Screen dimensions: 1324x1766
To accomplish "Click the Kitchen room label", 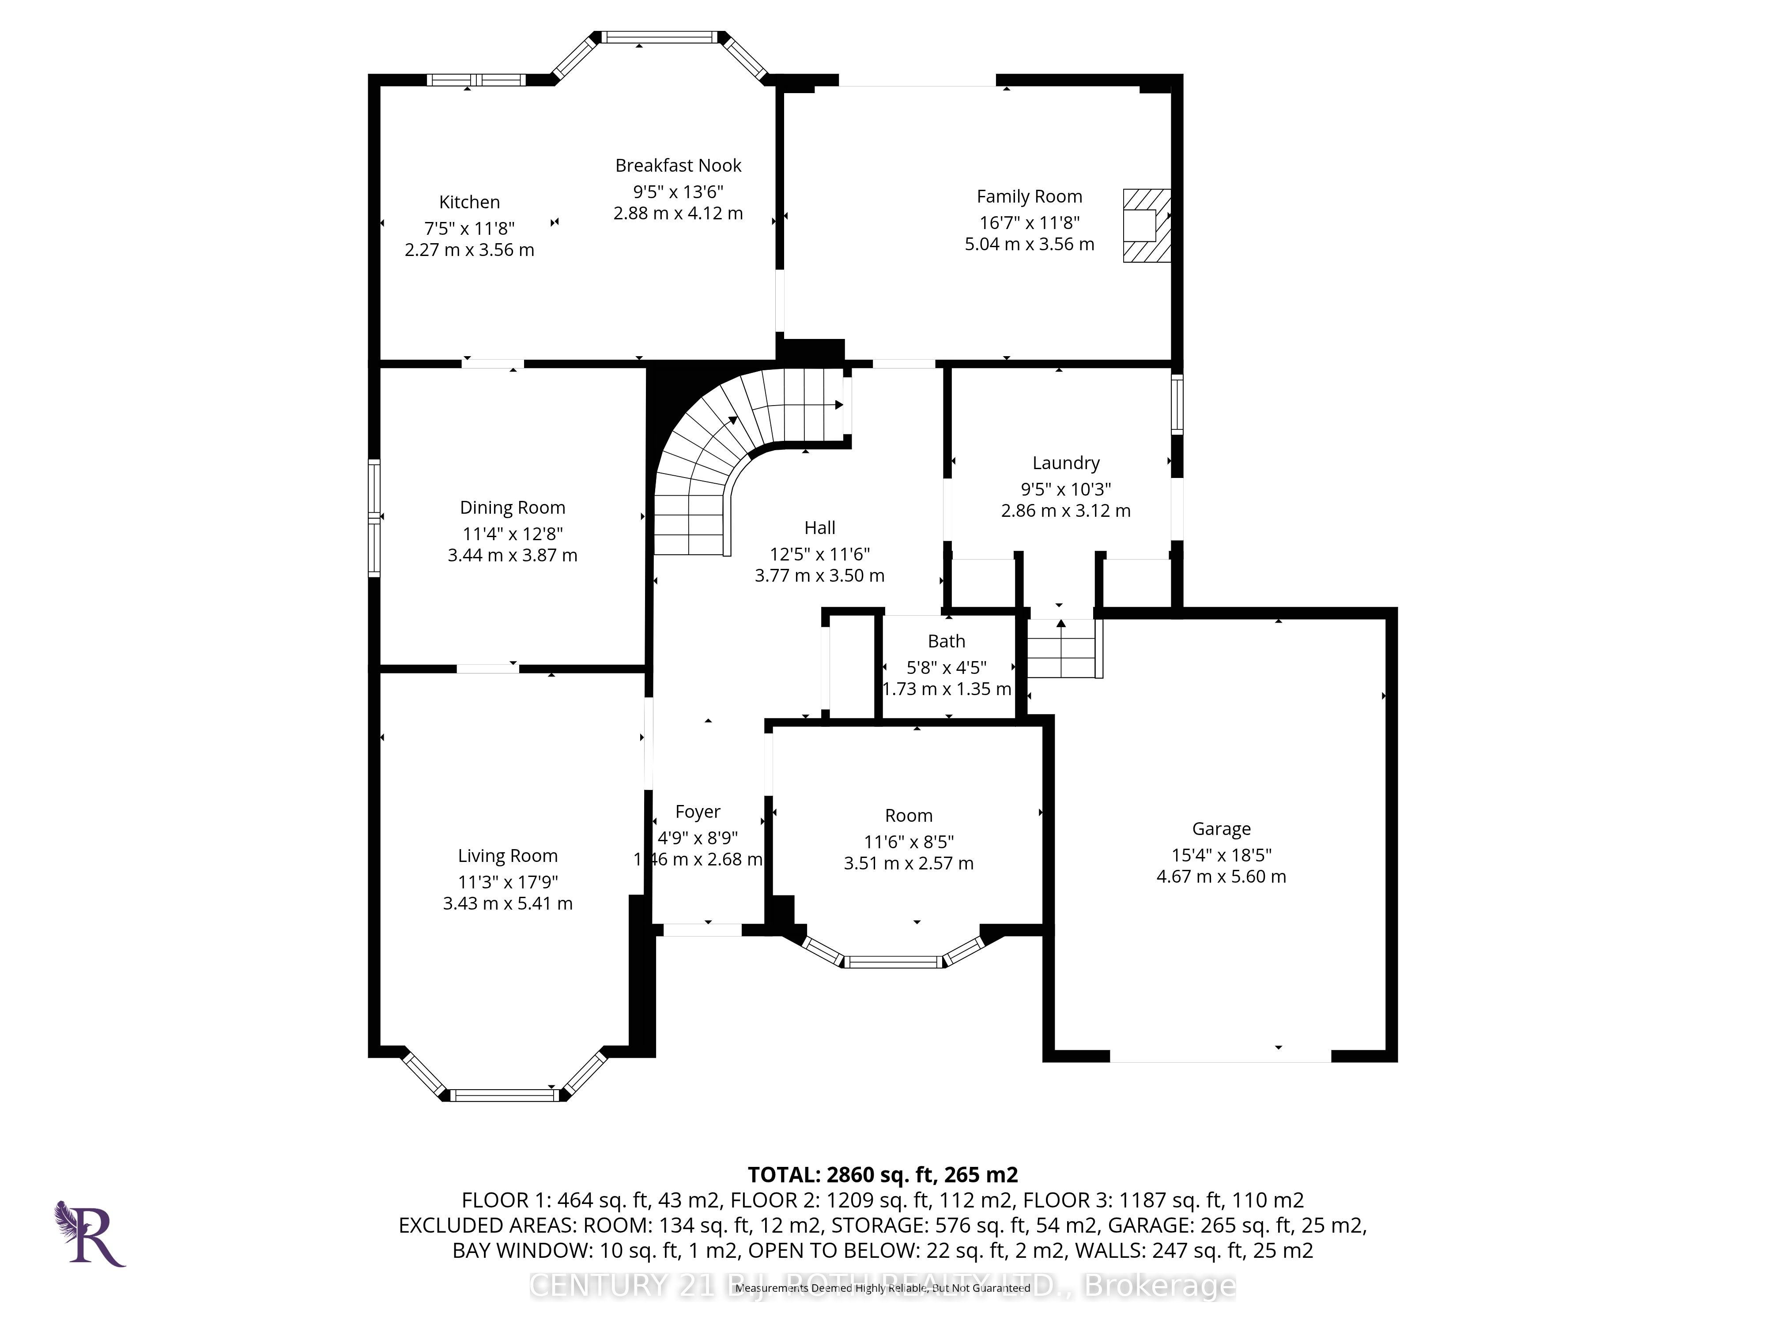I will [x=469, y=203].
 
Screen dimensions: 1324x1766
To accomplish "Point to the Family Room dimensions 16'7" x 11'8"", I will [x=1029, y=223].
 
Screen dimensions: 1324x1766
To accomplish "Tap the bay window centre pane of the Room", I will [x=894, y=963].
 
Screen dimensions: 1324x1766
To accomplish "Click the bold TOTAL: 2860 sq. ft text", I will [x=882, y=1175].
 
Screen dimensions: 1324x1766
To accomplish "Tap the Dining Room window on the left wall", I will [x=374, y=517].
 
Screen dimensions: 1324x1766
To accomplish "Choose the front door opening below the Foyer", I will [x=702, y=930].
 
